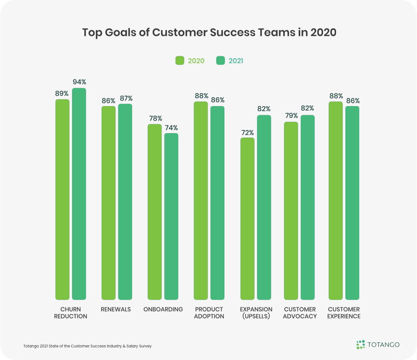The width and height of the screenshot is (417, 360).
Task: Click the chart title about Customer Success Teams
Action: [x=209, y=33]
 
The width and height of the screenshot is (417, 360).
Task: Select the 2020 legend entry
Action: [x=190, y=60]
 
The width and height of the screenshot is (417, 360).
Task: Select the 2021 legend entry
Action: [x=230, y=60]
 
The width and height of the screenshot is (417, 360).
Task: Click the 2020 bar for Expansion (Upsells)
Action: [x=248, y=219]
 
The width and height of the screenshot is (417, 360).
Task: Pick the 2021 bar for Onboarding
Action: [x=171, y=216]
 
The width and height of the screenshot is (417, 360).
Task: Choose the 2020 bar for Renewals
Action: [x=108, y=203]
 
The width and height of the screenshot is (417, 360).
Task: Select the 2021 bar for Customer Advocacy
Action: [x=308, y=207]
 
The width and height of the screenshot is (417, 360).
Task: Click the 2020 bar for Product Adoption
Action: [x=201, y=200]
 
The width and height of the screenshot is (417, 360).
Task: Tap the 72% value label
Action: [x=248, y=132]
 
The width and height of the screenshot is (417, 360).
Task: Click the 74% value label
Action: [x=171, y=127]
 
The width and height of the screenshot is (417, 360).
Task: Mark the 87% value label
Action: [x=125, y=98]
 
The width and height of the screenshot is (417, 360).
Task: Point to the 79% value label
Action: [x=291, y=116]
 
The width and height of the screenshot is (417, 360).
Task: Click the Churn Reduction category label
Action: [x=71, y=313]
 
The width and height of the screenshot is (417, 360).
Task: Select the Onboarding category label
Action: [x=163, y=309]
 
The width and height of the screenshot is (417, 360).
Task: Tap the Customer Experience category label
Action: [x=344, y=313]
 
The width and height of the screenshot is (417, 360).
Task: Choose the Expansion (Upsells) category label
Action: [x=256, y=313]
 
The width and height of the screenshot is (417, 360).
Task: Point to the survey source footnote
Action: [x=87, y=346]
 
